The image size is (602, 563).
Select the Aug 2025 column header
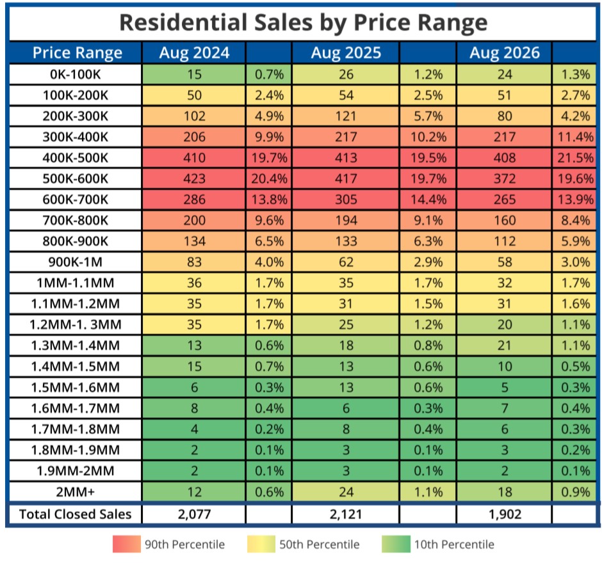[346, 52]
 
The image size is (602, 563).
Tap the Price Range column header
[77, 53]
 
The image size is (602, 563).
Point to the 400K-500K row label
[76, 157]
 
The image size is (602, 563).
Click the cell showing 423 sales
[194, 178]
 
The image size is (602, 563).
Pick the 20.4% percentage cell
[269, 178]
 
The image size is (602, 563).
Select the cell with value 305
[346, 200]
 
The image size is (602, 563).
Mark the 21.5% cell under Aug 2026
[575, 157]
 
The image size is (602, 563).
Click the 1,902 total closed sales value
[505, 514]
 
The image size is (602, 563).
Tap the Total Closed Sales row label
[76, 514]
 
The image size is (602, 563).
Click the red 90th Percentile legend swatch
[127, 544]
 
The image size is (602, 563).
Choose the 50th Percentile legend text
[320, 544]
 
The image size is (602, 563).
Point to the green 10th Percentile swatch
[396, 544]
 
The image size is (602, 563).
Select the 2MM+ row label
[76, 492]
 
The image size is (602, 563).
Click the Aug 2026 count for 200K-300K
[505, 116]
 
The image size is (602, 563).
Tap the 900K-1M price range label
[76, 262]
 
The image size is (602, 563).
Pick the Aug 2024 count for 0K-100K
[194, 74]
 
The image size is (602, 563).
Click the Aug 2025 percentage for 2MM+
[428, 492]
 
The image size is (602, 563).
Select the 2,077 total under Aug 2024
[194, 514]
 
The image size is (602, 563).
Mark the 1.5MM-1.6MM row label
[76, 387]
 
